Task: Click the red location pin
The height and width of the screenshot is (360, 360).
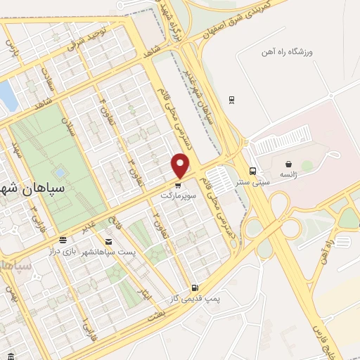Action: click(x=181, y=165)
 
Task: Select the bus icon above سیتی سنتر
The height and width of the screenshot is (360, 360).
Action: click(x=252, y=171)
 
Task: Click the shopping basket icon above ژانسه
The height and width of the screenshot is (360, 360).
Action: click(x=288, y=164)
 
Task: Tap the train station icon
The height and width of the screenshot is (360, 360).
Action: click(x=231, y=100)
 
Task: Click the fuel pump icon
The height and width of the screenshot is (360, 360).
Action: click(x=194, y=288)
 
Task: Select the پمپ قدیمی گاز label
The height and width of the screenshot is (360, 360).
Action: click(x=194, y=299)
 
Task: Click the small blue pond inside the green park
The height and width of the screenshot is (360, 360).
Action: click(x=59, y=172)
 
